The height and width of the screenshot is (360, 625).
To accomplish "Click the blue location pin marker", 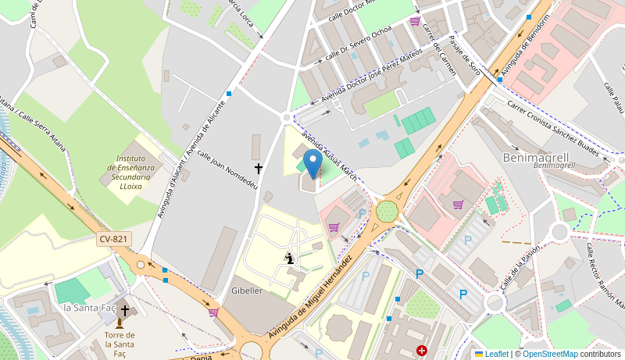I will pos(312,165).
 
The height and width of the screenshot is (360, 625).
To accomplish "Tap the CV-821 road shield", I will pos(114,239).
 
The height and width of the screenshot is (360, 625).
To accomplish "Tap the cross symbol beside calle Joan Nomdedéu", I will pos(259,168).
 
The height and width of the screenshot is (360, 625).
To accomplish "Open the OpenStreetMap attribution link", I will pos(549,354).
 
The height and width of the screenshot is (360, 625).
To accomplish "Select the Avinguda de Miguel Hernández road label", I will pos(311,297).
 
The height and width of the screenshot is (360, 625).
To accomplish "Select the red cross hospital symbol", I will pos(422,351).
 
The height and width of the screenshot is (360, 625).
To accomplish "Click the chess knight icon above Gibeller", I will pos(290,258).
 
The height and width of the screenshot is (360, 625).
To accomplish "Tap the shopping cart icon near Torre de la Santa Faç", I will pos(213,312).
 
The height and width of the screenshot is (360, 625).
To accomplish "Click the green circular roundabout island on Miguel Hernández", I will pos(387,211).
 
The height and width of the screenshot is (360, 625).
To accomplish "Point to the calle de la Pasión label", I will pos(520,269).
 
